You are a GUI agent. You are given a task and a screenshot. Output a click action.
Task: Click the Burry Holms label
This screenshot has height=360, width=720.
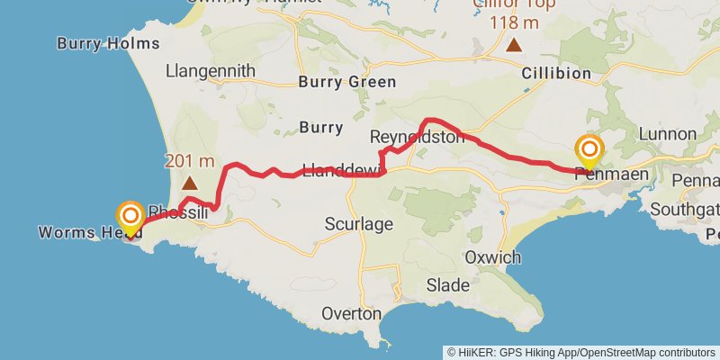pyautogui.click(x=108, y=43)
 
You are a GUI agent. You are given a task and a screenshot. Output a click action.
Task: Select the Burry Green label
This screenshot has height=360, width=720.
pyautogui.click(x=346, y=82)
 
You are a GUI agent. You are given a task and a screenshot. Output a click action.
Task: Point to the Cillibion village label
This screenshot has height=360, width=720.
pyautogui.click(x=556, y=73)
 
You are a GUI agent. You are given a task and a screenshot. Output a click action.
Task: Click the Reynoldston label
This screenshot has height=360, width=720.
pyautogui.click(x=416, y=137)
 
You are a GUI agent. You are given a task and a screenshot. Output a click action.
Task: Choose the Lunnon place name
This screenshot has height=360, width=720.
pyautogui.click(x=667, y=134)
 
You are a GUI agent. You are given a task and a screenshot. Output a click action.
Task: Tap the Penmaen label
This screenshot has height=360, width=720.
pyautogui.click(x=611, y=176)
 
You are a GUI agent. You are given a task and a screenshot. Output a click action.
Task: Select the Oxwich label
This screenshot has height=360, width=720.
pyautogui.click(x=492, y=257)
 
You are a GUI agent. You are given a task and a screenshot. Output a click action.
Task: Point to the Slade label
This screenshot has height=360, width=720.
pyautogui.click(x=448, y=286)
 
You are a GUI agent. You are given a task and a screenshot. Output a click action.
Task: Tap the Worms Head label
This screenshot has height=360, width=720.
pyautogui.click(x=90, y=233)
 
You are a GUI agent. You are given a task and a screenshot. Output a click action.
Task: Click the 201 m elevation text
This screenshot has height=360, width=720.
pyautogui.click(x=189, y=161)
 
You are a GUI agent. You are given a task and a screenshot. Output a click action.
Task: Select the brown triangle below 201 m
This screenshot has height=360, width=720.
pyautogui.click(x=190, y=183)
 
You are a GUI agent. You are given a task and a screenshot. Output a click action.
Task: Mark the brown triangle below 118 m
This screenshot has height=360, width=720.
pyautogui.click(x=513, y=44)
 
